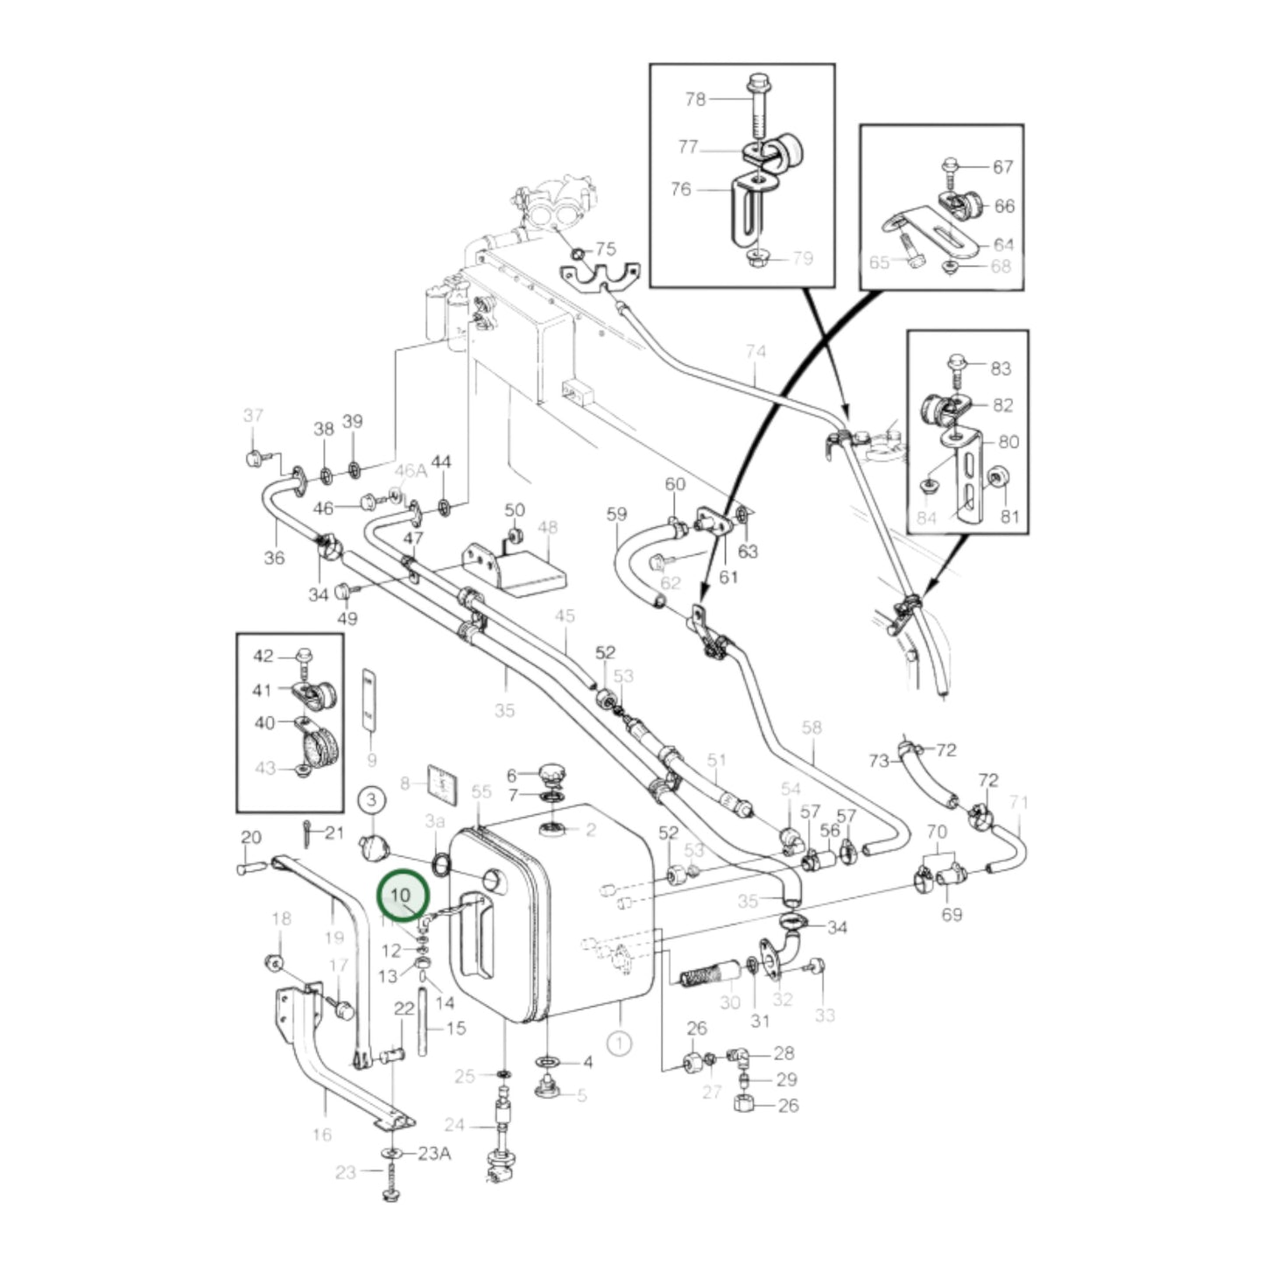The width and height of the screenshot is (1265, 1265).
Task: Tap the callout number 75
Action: [606, 249]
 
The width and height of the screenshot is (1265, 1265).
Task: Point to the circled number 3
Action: [371, 799]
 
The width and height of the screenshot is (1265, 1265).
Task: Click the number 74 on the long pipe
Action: [755, 352]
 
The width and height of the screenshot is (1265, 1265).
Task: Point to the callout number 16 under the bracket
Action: [321, 1135]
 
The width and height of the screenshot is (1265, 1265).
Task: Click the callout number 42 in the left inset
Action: [264, 656]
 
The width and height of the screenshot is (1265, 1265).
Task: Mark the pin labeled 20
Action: [252, 868]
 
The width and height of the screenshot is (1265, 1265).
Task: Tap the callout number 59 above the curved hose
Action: [617, 514]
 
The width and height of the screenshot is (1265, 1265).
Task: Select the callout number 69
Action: [952, 915]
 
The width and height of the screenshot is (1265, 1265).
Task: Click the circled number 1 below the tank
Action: [619, 1043]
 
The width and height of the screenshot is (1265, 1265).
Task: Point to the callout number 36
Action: [274, 558]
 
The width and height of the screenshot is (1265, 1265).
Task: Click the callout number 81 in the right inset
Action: [1010, 517]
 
